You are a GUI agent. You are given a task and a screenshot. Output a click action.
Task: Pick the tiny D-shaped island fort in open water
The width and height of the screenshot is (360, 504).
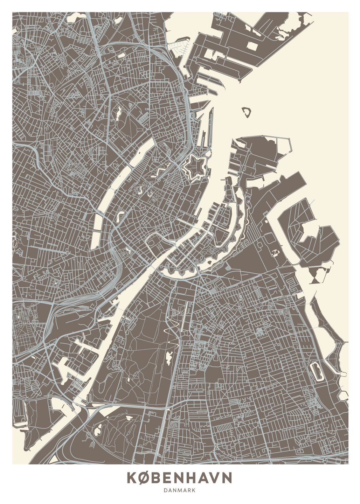pyautogui.click(x=247, y=112)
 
